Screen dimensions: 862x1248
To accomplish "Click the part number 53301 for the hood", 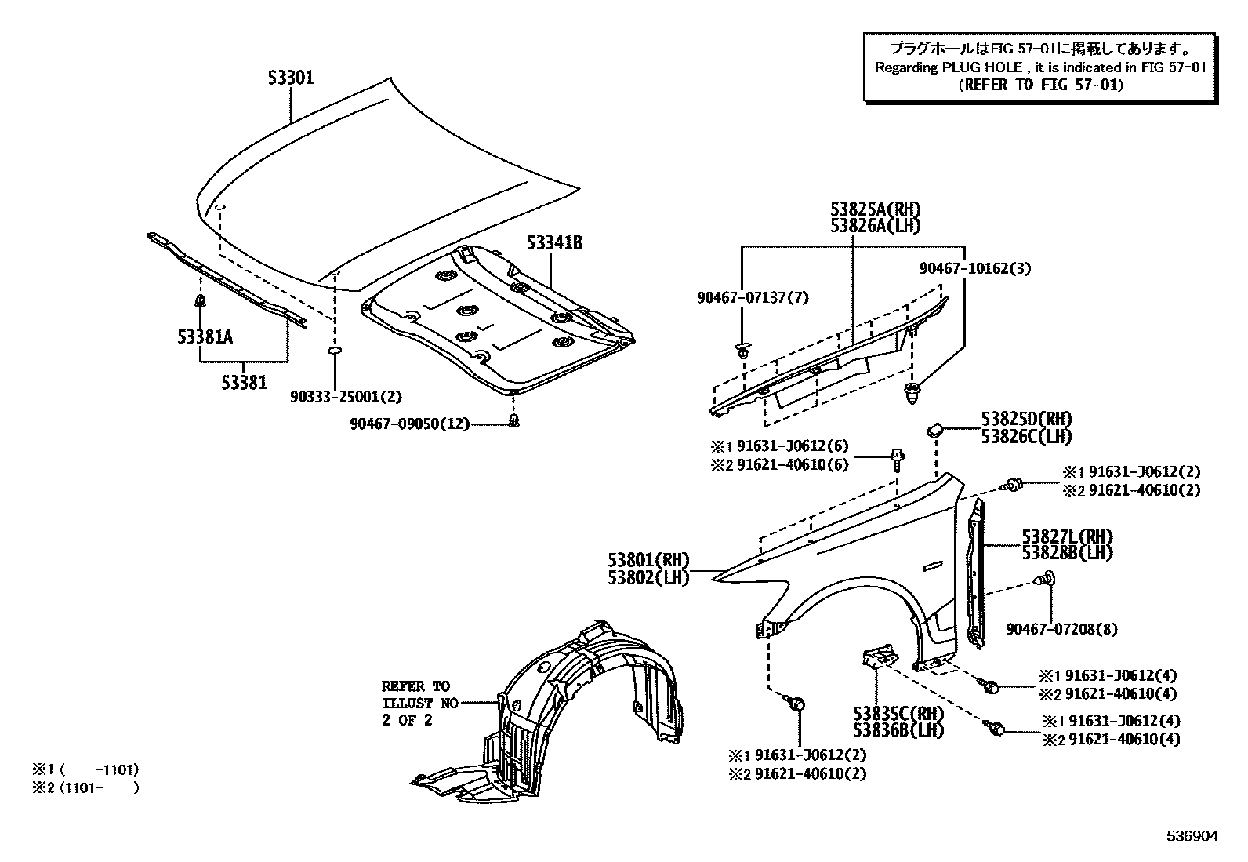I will (x=290, y=78).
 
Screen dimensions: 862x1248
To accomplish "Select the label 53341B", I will (x=554, y=243).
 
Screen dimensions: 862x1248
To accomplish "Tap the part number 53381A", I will (x=205, y=336).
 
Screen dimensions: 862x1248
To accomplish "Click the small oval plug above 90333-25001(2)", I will (x=333, y=351).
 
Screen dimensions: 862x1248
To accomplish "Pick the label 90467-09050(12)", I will (x=409, y=424).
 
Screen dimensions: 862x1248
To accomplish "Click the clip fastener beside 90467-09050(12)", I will (x=514, y=423).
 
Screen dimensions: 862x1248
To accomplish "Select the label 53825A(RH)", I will (x=875, y=209).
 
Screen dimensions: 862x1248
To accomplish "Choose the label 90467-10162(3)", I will (x=975, y=268).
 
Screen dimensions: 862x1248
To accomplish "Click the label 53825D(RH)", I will (x=1026, y=420).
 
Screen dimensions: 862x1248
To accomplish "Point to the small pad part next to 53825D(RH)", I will (x=935, y=429).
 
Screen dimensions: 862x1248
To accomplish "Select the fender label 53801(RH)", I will (x=648, y=561).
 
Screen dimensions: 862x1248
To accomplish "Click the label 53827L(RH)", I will (x=1067, y=537).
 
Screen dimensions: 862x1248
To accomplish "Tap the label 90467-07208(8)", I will (x=1062, y=629).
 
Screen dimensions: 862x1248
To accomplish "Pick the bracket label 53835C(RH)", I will (x=898, y=714).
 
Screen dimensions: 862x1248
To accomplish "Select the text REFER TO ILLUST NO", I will (x=419, y=703).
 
